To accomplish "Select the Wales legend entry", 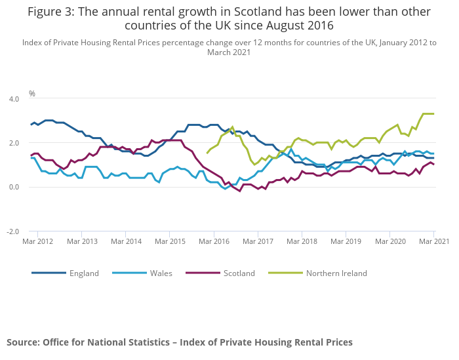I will [x=161, y=273].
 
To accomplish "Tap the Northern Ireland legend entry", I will [x=336, y=273].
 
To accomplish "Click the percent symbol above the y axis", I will [x=31, y=94].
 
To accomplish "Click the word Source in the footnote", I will [x=22, y=342].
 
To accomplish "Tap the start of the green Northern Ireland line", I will [x=207, y=153].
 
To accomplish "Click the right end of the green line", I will [x=433, y=113].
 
